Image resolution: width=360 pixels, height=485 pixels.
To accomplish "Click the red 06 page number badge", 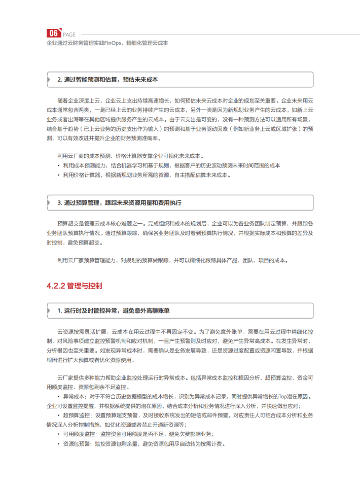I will pos(54,33).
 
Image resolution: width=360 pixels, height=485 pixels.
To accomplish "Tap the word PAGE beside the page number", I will pos(69,34).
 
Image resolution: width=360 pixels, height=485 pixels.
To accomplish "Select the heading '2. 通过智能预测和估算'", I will pos(107,80).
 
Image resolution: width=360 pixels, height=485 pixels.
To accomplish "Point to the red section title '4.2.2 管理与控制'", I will pos(75,286).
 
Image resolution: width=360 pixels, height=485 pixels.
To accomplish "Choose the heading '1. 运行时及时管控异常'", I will pos(113,310).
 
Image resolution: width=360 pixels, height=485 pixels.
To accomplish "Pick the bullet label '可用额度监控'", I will pos(78,434).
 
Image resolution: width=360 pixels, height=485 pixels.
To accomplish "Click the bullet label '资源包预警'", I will pos(76,443).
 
